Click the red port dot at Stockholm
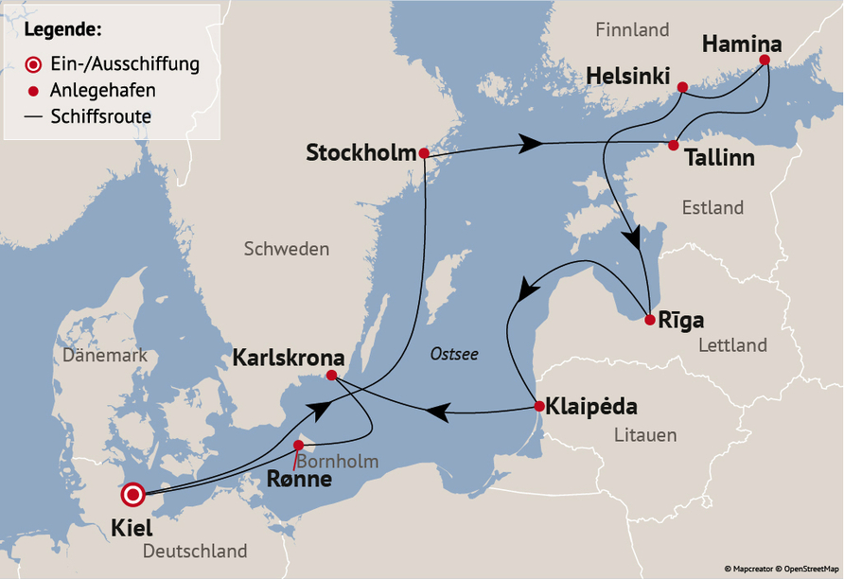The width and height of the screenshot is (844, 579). coord(424,153)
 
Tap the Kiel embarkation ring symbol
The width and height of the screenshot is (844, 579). coord(132,494)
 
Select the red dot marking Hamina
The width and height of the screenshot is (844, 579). coord(765,60)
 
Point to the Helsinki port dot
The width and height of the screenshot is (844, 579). coord(682,88)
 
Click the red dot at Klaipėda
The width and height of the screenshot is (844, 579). coord(538,407)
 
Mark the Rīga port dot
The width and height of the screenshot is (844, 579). coord(649,320)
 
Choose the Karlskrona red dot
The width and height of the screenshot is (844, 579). coord(331,376)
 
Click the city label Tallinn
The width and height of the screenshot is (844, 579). coord(719,158)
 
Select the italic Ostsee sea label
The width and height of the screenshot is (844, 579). coord(454,354)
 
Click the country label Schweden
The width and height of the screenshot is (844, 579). coord(287,250)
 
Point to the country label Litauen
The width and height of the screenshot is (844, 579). coord(644,435)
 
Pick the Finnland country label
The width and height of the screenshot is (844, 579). coord(632,30)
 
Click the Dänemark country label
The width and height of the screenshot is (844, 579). coord(105,356)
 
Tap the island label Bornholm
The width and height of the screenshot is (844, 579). coord(338,462)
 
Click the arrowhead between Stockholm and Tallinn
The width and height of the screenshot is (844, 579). coord(531,144)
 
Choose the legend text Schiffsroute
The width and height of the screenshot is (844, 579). coord(100,116)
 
